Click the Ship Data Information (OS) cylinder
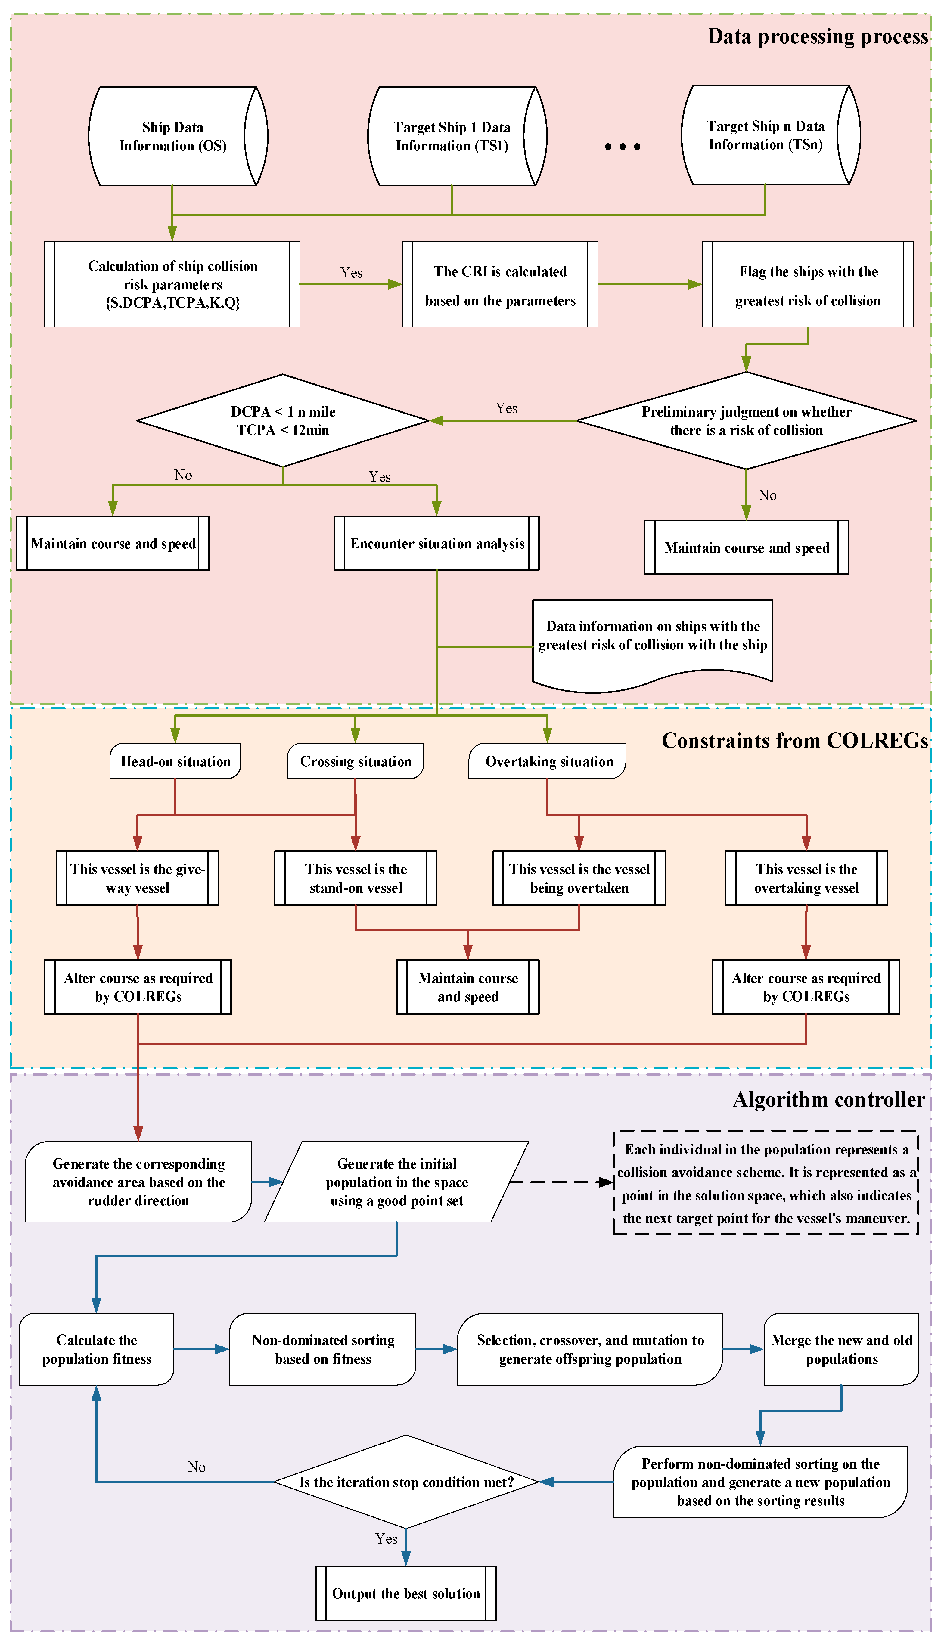pos(178,136)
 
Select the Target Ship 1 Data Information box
pos(457,136)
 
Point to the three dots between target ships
pos(623,147)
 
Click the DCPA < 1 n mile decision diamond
pos(283,421)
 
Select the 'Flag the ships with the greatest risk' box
pos(808,284)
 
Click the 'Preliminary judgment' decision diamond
pos(747,421)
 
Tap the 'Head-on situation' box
pos(176,761)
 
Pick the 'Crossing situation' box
pos(356,761)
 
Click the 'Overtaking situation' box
pos(547,761)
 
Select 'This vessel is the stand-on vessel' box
pos(356,878)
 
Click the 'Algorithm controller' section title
pos(829,1100)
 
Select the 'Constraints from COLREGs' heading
pos(795,740)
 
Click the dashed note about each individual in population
pos(766,1182)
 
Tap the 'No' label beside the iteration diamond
pos(197,1467)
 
